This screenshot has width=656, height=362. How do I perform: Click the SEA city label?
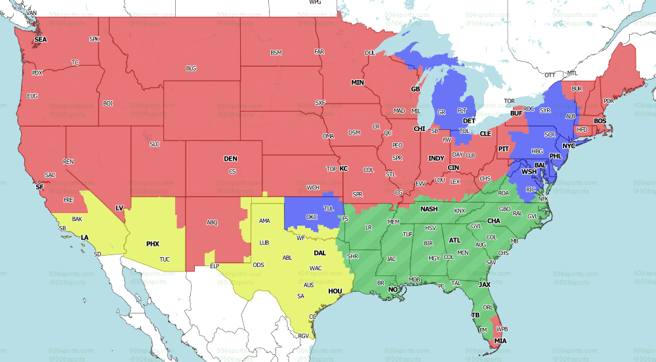41,39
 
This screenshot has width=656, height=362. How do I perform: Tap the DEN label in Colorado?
230,159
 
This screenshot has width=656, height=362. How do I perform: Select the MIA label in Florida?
501,341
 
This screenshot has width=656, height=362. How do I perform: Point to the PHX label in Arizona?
152,244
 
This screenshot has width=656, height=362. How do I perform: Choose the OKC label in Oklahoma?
312,217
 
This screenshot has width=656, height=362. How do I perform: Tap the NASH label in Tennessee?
429,209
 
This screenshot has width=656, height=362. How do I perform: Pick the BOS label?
600,121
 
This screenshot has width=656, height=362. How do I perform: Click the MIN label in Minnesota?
357,83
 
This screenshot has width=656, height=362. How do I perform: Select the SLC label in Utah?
155,144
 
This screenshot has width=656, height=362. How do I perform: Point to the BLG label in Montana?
191,68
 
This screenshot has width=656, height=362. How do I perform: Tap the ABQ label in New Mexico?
212,222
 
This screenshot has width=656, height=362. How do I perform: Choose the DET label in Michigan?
469,121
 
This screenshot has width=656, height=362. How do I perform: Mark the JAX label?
485,285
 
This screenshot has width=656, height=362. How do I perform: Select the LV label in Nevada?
119,208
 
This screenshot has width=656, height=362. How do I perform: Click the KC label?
343,169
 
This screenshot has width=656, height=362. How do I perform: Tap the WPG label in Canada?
316,3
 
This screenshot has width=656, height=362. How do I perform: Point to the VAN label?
31,13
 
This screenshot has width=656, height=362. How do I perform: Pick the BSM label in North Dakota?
276,52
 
